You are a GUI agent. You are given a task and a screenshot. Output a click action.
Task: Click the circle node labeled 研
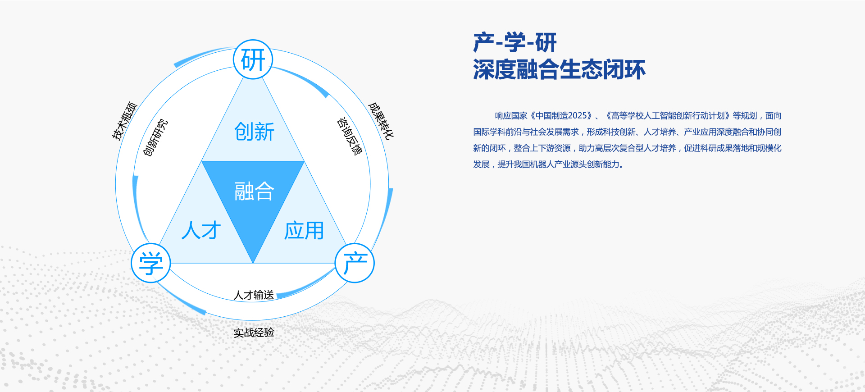253,59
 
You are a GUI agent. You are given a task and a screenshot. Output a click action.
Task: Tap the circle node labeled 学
151,263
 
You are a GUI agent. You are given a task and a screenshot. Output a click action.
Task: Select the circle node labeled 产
355,263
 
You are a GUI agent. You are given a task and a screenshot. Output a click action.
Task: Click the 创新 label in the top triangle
254,132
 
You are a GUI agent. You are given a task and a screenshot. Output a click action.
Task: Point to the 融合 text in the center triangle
254,191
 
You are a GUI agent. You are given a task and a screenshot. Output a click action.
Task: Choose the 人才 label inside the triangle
201,230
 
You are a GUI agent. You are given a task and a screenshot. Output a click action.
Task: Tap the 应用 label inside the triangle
304,230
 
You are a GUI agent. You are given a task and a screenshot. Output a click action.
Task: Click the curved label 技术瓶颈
124,121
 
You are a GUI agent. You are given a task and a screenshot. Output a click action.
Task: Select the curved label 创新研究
155,137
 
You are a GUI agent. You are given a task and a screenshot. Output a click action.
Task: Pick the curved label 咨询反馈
349,136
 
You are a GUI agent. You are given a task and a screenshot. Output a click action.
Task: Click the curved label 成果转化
381,120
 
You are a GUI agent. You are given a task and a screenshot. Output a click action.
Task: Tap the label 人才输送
254,295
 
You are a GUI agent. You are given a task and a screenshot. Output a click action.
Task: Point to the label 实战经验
254,333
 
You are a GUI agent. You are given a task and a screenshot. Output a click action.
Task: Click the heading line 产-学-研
515,43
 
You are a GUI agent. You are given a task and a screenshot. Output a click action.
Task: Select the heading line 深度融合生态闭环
559,70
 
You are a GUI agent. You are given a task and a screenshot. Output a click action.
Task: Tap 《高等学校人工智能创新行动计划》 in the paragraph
667,116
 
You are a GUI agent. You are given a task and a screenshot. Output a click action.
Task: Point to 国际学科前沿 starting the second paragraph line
497,132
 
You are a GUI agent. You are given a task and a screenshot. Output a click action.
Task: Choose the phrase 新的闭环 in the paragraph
489,148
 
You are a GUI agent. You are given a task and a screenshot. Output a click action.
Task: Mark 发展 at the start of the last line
481,164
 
